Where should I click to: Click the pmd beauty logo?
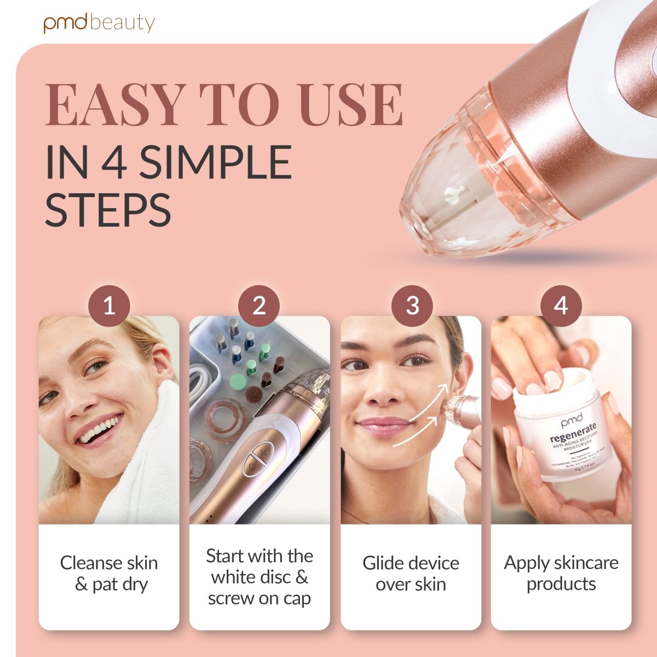(x=99, y=24)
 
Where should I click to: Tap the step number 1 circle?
(x=109, y=306)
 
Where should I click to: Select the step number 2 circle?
(x=259, y=306)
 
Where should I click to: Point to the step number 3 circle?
(x=412, y=306)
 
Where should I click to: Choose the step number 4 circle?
(x=561, y=306)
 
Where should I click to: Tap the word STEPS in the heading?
(x=108, y=210)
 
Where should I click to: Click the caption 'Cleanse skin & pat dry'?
(x=109, y=573)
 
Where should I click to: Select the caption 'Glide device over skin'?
(x=411, y=573)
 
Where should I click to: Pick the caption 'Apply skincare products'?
(x=561, y=573)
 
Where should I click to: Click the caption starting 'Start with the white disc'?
(x=259, y=577)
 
